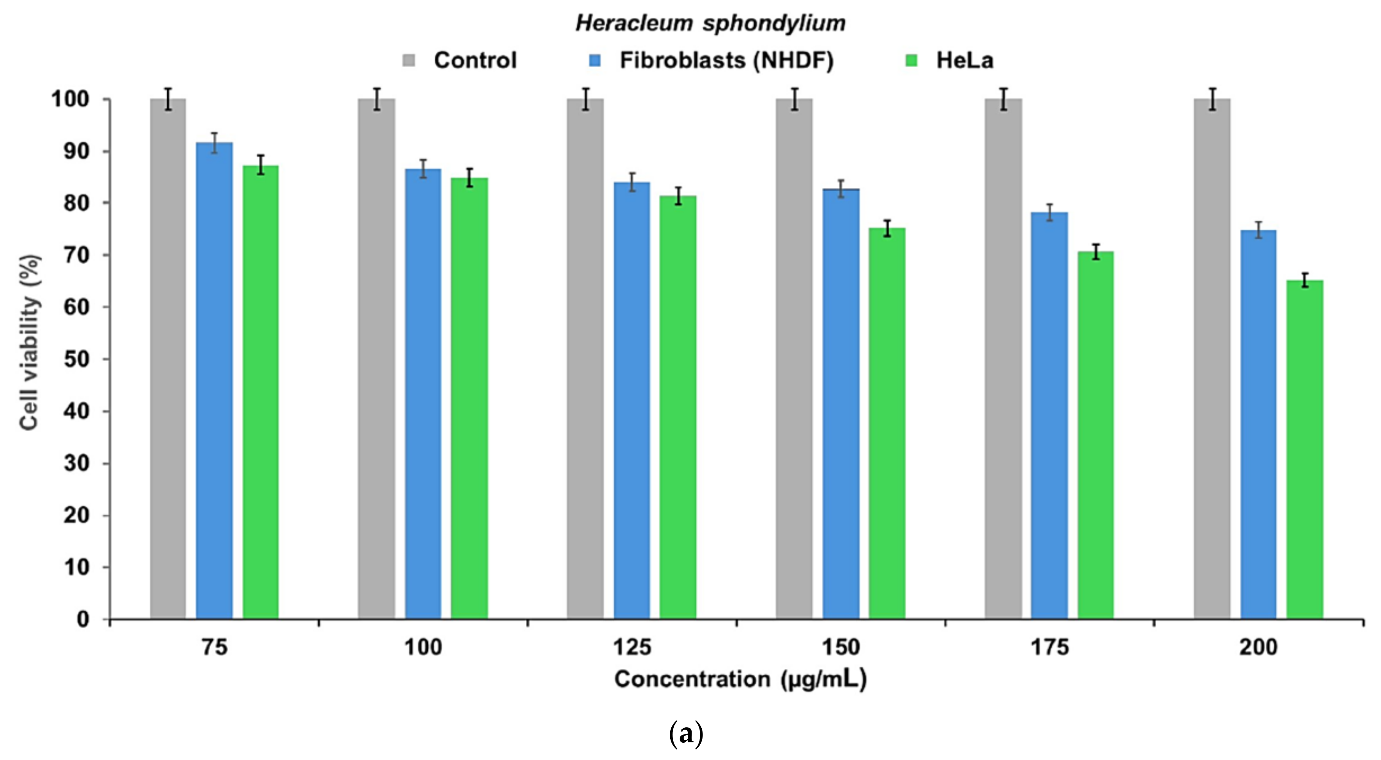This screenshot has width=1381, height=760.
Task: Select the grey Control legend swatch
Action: [x=409, y=60]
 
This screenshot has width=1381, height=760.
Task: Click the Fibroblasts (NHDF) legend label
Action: [x=727, y=60]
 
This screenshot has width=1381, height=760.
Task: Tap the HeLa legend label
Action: [x=964, y=60]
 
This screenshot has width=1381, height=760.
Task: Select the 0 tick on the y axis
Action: [x=83, y=620]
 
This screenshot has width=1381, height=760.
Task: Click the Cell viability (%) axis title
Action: [x=30, y=342]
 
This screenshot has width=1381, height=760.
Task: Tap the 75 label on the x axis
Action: [x=214, y=648]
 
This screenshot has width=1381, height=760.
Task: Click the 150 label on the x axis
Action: [x=841, y=648]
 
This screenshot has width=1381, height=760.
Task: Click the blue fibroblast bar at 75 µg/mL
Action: [x=214, y=381]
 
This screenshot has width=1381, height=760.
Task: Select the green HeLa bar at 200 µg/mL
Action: [x=1304, y=451]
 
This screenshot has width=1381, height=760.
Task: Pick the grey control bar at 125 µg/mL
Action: [x=585, y=359]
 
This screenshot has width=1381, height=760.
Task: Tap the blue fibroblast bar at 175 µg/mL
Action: [x=1049, y=416]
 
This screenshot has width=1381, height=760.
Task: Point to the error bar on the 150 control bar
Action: [x=794, y=99]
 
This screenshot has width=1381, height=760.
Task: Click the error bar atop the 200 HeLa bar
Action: [x=1305, y=280]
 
